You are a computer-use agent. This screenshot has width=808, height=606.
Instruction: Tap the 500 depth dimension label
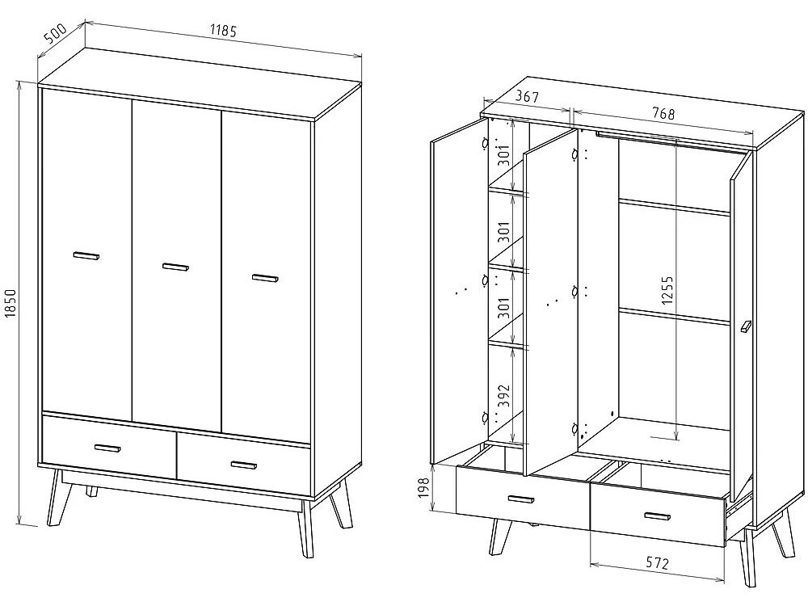pos(56,34)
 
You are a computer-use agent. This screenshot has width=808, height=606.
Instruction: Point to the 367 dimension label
pos(527,96)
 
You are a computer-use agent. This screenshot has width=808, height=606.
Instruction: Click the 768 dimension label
pos(663,113)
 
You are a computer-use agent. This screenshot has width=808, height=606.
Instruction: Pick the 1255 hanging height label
pos(667,291)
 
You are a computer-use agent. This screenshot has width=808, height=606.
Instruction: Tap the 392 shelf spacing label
pos(505,396)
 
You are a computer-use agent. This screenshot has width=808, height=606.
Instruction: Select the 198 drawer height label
pos(424,489)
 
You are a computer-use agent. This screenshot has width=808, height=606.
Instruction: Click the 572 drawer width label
pos(656,562)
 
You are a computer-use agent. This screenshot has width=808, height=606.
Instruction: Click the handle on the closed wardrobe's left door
pos(86,255)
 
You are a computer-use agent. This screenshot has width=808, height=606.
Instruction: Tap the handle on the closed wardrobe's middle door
pos(175,267)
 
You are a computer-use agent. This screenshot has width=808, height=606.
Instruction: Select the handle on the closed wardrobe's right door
pos(265,278)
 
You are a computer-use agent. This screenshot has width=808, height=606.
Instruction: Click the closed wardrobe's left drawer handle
pos(107,448)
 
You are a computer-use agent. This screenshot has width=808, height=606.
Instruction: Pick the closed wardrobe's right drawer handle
pos(244,465)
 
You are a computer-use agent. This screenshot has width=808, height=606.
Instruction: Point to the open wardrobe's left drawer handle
pos(521,499)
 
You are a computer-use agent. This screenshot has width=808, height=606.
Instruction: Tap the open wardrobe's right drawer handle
pos(657,516)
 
